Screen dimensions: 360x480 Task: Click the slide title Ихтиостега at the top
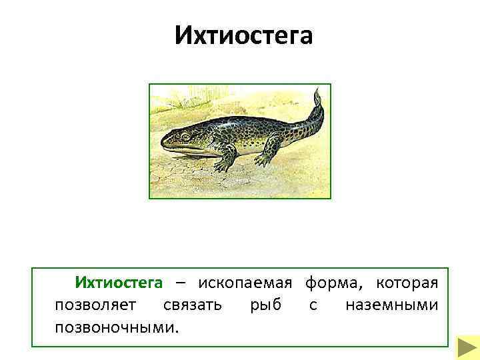[243, 35]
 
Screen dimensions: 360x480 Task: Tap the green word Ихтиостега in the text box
[119, 283]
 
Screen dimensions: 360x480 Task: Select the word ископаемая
[245, 283]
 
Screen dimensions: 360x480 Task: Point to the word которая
[407, 283]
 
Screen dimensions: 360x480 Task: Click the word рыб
[265, 305]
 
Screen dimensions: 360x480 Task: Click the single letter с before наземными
[313, 305]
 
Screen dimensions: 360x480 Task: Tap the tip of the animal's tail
[317, 93]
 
